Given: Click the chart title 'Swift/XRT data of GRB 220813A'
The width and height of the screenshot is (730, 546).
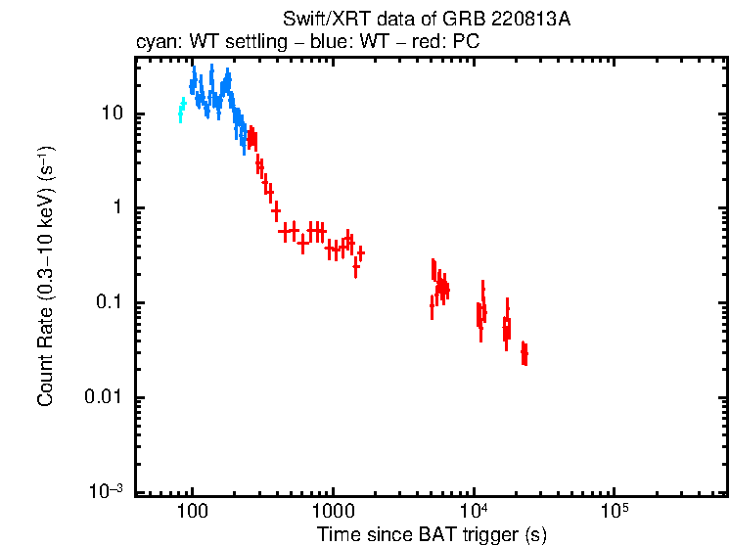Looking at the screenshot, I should pyautogui.click(x=426, y=21).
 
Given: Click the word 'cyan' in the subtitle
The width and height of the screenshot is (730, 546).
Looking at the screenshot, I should pyautogui.click(x=153, y=43).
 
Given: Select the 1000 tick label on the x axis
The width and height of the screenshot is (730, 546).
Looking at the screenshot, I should pyautogui.click(x=333, y=511).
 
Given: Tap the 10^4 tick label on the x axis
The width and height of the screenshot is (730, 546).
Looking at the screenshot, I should pyautogui.click(x=473, y=510).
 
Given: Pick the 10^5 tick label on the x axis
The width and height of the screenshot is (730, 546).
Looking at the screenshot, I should pyautogui.click(x=613, y=510).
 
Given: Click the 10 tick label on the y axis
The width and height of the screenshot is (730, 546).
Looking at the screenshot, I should pyautogui.click(x=111, y=114).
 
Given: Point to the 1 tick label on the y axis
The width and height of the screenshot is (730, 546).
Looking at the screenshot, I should pyautogui.click(x=116, y=208).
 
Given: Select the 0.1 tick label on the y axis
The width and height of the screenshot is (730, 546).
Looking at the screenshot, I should pyautogui.click(x=108, y=302).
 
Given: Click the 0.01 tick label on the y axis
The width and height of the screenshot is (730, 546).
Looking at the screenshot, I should pyautogui.click(x=104, y=397).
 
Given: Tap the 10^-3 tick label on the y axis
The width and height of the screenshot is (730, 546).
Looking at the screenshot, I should pyautogui.click(x=107, y=489).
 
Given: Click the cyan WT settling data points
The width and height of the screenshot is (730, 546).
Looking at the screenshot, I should pyautogui.click(x=181, y=108).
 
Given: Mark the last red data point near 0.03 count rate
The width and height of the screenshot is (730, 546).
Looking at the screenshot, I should pyautogui.click(x=525, y=352).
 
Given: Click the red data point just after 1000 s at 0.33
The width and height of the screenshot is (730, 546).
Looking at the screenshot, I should pyautogui.click(x=361, y=252).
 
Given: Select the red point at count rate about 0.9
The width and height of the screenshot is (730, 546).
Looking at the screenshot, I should pyautogui.click(x=276, y=210).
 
